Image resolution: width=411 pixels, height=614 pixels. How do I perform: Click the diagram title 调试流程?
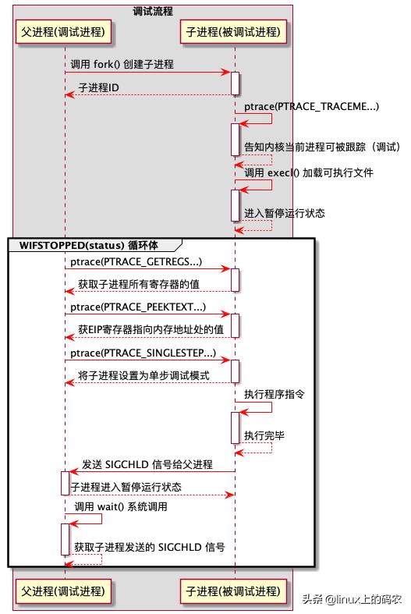point(153,12)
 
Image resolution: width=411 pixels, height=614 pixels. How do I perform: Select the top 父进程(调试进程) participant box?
point(63,32)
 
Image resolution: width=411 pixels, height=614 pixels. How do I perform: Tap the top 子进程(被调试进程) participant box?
point(233,32)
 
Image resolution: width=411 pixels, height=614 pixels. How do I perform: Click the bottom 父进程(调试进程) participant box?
point(63,591)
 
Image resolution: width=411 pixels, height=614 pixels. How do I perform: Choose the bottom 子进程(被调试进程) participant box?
point(233,591)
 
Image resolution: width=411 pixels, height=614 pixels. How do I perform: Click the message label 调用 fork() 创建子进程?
point(122,64)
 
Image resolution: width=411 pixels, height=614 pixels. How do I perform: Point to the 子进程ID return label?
point(98,87)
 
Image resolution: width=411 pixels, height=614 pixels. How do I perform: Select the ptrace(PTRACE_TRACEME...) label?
point(312,107)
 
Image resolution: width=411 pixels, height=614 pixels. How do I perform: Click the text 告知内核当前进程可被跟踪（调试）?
point(323,147)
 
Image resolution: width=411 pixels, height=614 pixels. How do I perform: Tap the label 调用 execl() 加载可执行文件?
point(309,172)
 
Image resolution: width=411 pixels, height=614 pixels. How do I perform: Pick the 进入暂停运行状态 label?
point(285,214)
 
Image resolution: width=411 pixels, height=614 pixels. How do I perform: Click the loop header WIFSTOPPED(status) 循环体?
point(89,246)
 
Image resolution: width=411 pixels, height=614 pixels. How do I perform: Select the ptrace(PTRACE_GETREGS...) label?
point(136,262)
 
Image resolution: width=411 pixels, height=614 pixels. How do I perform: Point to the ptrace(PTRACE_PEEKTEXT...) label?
point(138,307)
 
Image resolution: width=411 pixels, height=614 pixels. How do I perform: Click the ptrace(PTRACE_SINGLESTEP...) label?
point(143,353)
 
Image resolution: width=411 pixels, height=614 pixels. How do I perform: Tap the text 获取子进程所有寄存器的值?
point(139,284)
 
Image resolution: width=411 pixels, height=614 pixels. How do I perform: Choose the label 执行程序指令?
point(275,394)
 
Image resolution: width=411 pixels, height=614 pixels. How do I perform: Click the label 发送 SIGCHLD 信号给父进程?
point(147,464)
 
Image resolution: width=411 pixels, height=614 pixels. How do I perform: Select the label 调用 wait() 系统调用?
point(121,506)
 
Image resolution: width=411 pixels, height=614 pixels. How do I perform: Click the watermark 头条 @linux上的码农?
point(352,599)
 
